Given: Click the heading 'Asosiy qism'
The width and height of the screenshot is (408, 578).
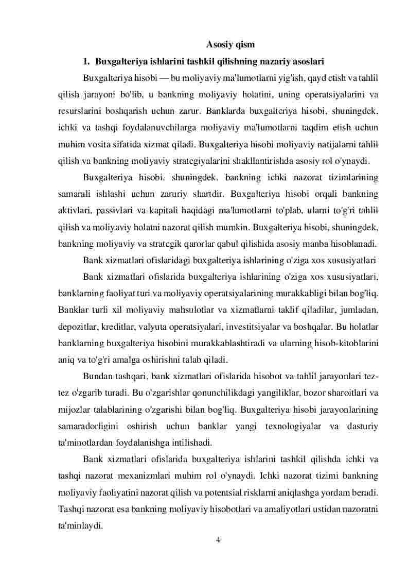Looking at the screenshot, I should pyautogui.click(x=230, y=45).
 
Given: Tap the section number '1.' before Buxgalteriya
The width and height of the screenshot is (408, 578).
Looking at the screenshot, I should pyautogui.click(x=87, y=62).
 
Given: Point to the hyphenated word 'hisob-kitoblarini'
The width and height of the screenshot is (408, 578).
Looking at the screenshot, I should pyautogui.click(x=347, y=342).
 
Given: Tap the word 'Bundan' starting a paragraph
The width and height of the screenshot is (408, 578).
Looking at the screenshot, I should pyautogui.click(x=97, y=376).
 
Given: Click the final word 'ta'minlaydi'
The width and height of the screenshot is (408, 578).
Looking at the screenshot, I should pyautogui.click(x=81, y=525).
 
